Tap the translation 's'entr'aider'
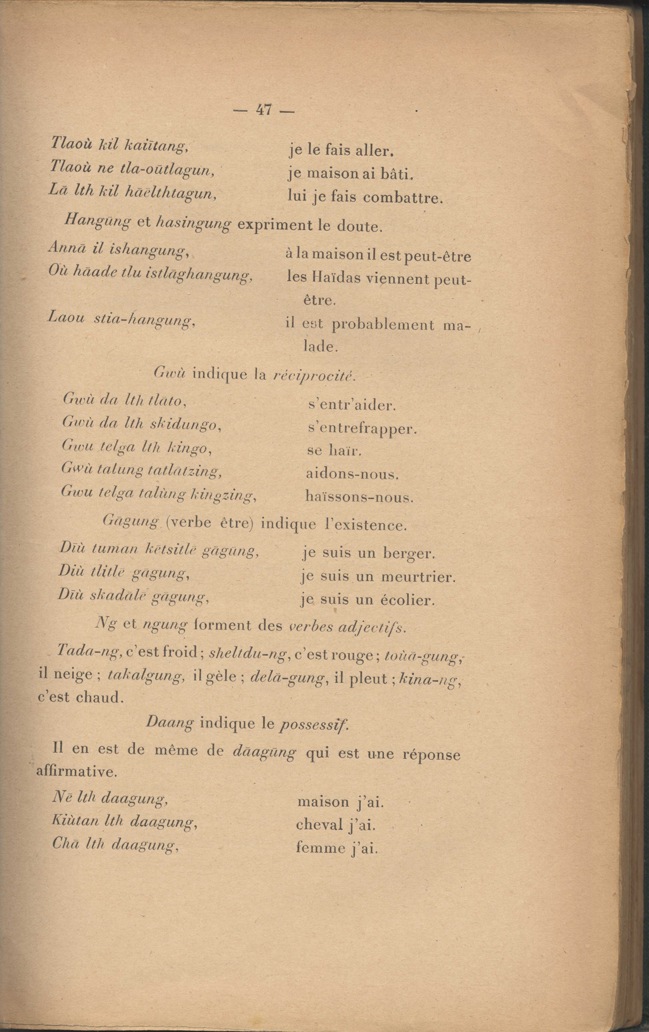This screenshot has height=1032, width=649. tap(352, 405)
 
